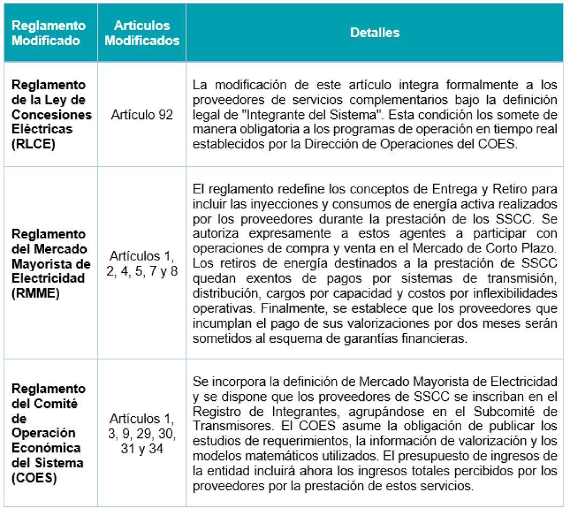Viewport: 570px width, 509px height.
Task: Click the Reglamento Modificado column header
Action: click(49, 33)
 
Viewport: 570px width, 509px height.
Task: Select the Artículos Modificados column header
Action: click(142, 33)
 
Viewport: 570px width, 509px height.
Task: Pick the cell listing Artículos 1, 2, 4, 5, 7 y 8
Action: click(142, 264)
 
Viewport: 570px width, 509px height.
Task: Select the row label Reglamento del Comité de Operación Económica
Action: click(49, 426)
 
